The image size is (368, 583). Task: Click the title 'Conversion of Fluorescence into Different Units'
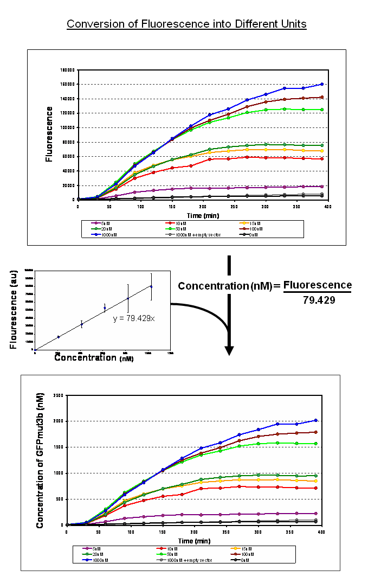coord(186,24)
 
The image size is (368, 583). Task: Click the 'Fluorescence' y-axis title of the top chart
coord(49,134)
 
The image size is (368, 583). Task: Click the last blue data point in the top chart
coord(322,84)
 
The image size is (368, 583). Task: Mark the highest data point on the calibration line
coord(151,286)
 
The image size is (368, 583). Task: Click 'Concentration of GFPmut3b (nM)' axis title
coord(40,460)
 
